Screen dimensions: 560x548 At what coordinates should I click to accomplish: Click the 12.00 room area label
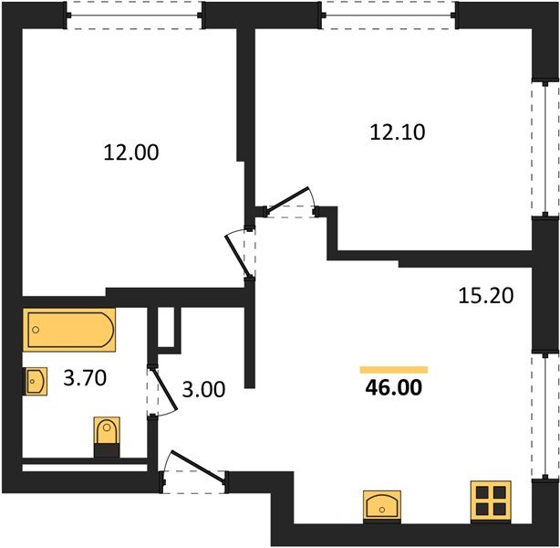click(131, 153)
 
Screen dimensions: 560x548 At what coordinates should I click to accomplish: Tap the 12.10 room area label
click(398, 132)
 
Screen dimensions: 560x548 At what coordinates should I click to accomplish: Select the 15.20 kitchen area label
click(486, 296)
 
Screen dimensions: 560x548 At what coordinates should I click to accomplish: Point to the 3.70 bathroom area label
click(85, 378)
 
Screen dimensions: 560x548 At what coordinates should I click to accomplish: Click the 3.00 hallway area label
click(203, 390)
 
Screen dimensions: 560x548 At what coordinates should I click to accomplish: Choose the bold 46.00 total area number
click(394, 388)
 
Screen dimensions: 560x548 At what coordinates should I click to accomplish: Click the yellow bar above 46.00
click(394, 370)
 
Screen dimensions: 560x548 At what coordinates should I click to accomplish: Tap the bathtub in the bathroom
click(69, 330)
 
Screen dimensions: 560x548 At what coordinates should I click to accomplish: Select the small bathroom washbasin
click(35, 381)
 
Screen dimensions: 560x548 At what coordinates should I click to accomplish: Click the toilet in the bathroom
click(107, 437)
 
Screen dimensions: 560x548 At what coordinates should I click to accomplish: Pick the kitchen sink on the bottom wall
click(382, 507)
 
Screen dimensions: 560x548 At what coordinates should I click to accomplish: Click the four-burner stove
click(491, 501)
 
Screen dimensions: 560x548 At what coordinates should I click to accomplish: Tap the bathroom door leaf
click(165, 389)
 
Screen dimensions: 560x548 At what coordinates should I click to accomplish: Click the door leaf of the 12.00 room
click(237, 256)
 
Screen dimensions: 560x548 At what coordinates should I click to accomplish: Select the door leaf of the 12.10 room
click(288, 198)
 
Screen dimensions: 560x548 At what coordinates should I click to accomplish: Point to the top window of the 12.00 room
click(135, 16)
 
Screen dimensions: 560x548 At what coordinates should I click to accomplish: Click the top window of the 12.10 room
click(389, 16)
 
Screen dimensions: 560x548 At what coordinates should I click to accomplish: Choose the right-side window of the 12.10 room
click(545, 149)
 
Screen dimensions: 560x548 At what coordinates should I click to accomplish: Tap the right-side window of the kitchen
click(545, 416)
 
